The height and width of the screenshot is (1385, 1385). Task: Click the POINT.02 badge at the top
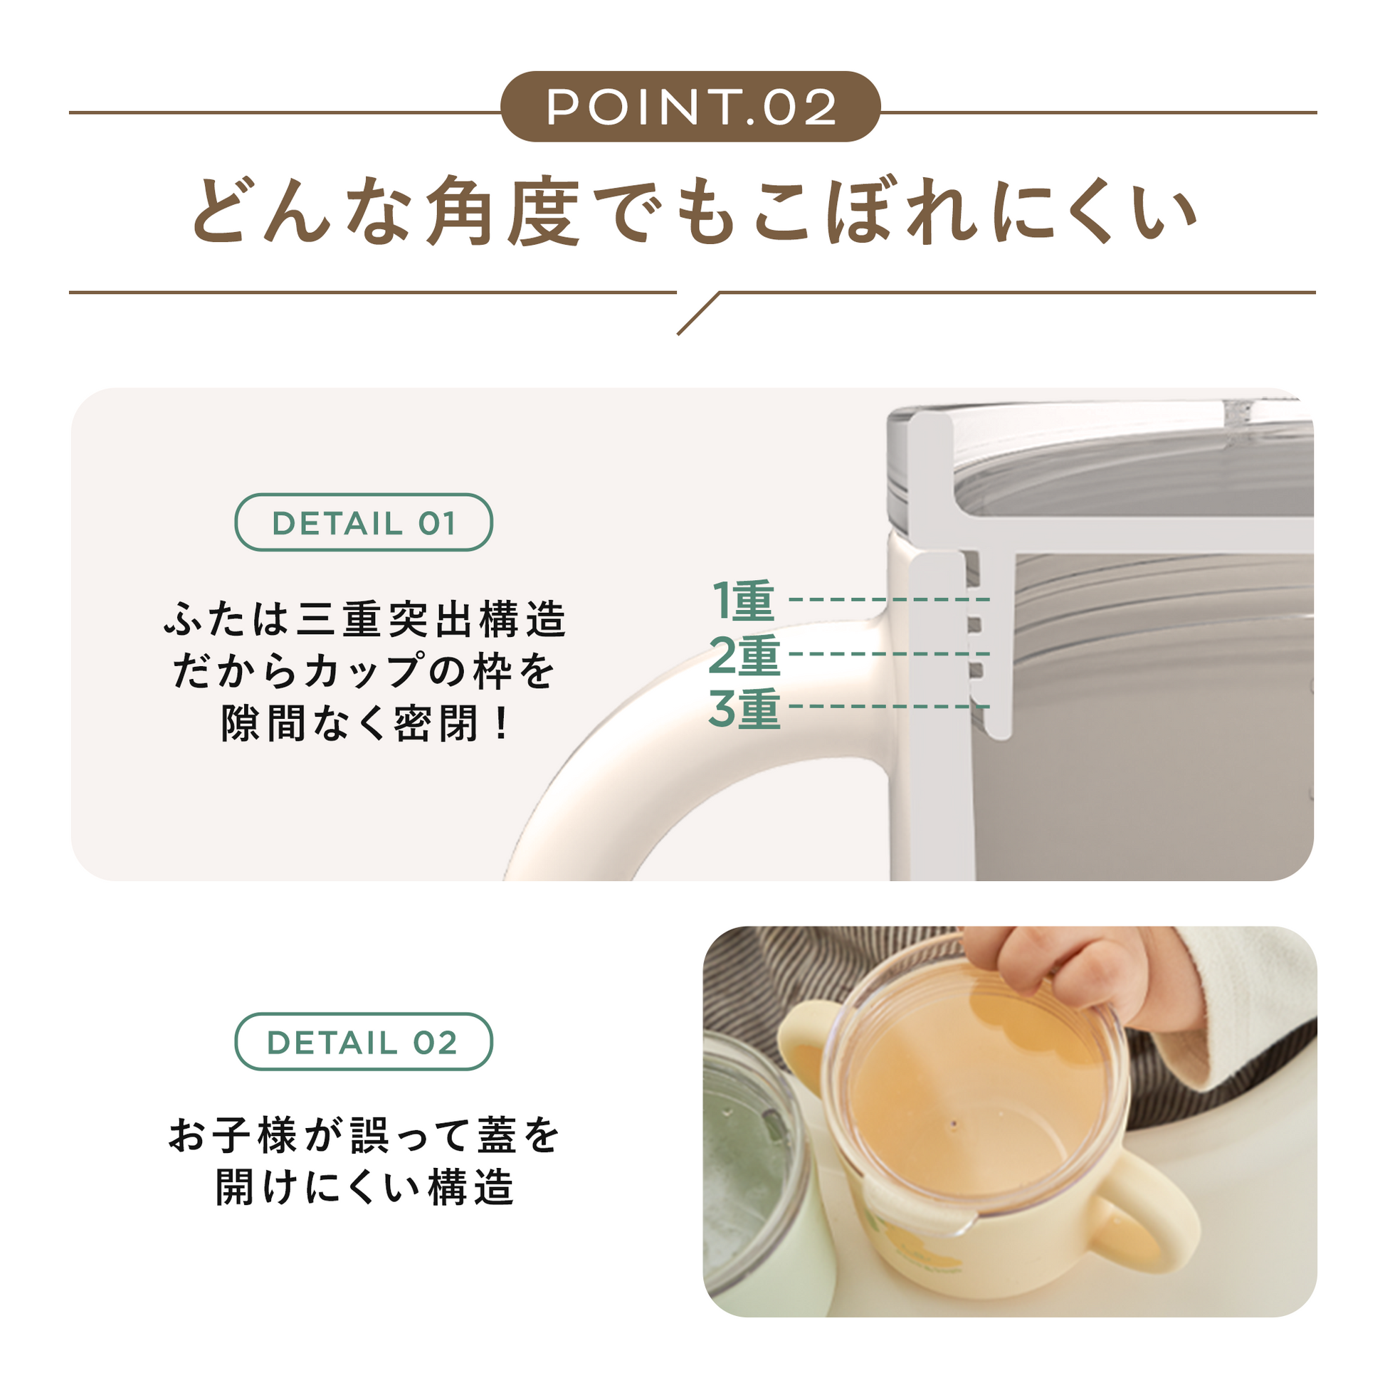coord(690,106)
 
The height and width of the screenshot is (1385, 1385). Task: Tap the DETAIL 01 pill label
coord(364,522)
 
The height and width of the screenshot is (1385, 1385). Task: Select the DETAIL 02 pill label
coord(364,1042)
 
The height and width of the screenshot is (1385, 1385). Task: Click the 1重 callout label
coord(744,601)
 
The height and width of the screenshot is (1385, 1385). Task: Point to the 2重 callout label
coord(744,655)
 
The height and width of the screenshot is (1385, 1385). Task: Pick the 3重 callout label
coord(744,709)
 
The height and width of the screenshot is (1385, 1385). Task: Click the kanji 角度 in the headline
coord(502,211)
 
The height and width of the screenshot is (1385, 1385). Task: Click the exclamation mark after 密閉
coord(501,724)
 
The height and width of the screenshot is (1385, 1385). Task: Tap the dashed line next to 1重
coord(889,599)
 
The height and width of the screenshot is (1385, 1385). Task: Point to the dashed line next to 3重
coord(889,707)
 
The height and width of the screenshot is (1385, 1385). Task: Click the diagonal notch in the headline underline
coord(698,313)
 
